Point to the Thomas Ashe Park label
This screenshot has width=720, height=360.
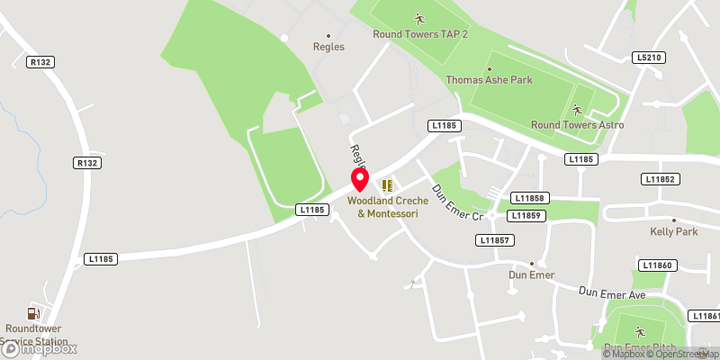click(x=490, y=80)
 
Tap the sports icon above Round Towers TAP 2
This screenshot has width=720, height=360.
click(x=418, y=18)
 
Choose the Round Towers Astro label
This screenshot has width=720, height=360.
click(x=577, y=125)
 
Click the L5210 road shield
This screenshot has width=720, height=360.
click(x=648, y=58)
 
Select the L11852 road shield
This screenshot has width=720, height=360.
click(x=659, y=180)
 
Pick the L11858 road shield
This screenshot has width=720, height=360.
click(x=529, y=198)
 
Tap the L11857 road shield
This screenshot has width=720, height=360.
click(x=496, y=240)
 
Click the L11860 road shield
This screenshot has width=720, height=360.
click(x=657, y=265)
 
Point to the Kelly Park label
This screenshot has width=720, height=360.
click(x=674, y=231)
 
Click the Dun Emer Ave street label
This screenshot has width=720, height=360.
click(x=613, y=292)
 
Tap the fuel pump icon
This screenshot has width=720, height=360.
click(x=33, y=313)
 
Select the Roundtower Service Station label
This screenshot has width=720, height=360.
click(x=36, y=335)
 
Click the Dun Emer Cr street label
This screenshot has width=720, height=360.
click(x=459, y=204)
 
